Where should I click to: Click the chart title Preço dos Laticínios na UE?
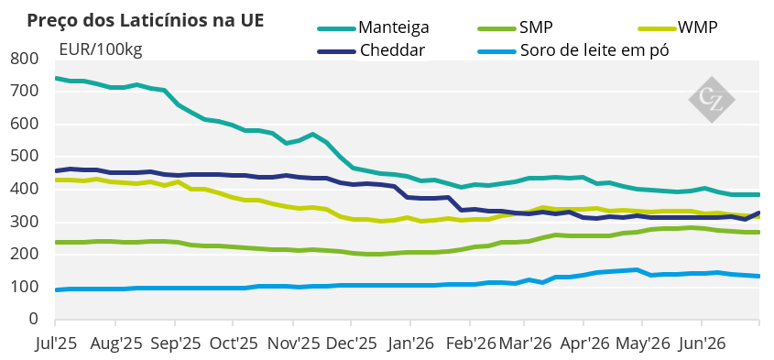pyautogui.click(x=145, y=21)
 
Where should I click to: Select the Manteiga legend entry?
pyautogui.click(x=373, y=27)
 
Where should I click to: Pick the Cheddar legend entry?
pyautogui.click(x=371, y=50)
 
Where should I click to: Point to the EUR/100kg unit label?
pyautogui.click(x=101, y=49)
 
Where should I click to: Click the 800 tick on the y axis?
pyautogui.click(x=24, y=60)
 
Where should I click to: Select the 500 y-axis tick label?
pyautogui.click(x=24, y=157)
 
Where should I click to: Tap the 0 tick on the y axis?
pyautogui.click(x=34, y=319)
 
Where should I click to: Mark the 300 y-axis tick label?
pyautogui.click(x=24, y=222)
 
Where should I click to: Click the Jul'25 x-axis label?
pyautogui.click(x=56, y=344)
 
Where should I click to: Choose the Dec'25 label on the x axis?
pyautogui.click(x=351, y=344)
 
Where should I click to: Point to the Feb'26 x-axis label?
pyautogui.click(x=470, y=344)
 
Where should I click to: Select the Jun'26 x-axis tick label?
pyautogui.click(x=702, y=344)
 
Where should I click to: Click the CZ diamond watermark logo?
pyautogui.click(x=712, y=100)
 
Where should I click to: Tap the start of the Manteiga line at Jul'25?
pyautogui.click(x=55, y=78)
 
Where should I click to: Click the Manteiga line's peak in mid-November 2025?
pyautogui.click(x=312, y=135)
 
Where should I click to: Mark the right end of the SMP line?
pyautogui.click(x=758, y=232)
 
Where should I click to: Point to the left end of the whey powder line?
pyautogui.click(x=55, y=289)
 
